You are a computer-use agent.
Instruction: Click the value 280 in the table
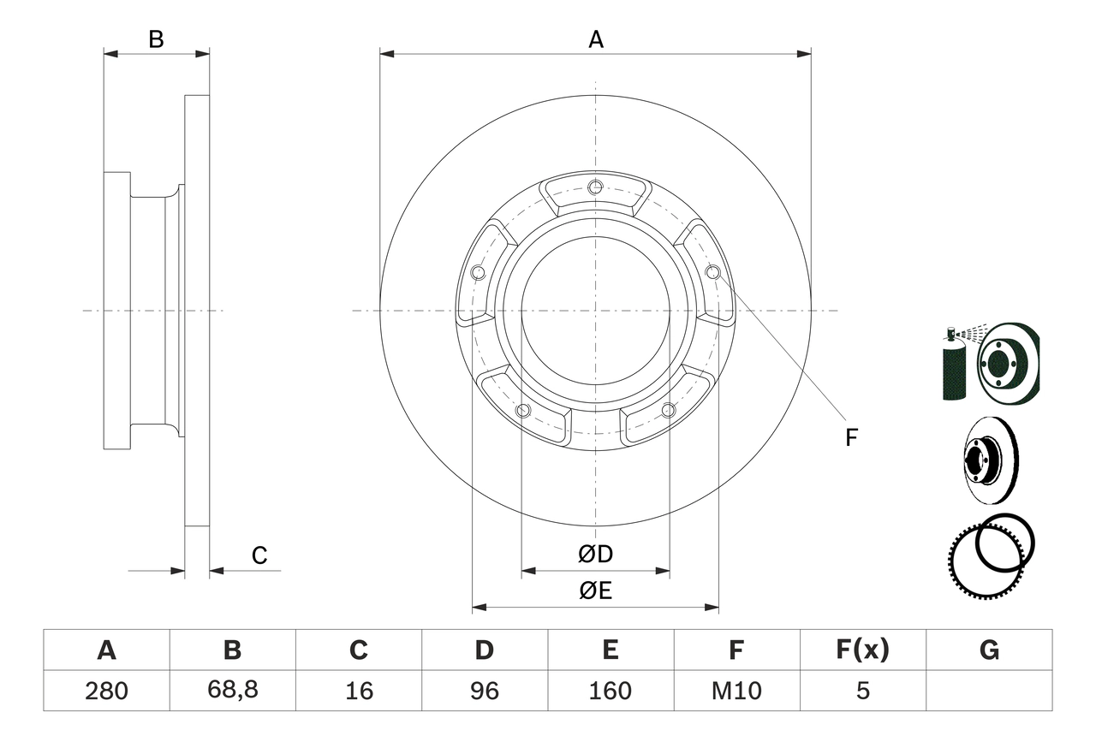tap(106, 691)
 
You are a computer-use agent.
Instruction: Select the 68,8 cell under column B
tap(232, 691)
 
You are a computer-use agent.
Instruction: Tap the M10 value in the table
tap(736, 691)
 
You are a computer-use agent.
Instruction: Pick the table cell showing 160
tap(611, 691)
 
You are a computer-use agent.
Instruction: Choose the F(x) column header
tap(862, 650)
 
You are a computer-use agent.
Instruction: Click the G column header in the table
tap(989, 650)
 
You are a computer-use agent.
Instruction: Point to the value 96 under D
tap(485, 691)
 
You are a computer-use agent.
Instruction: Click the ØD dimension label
tap(595, 555)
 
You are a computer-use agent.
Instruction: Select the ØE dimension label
tap(595, 591)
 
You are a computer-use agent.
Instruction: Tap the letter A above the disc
tap(595, 39)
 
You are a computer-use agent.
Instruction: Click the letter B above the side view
tap(156, 39)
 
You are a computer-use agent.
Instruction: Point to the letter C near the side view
tap(259, 556)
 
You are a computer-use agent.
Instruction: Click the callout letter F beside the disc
tap(850, 438)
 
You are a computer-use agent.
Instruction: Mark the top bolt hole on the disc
tap(595, 187)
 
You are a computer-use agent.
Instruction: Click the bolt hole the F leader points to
tap(712, 272)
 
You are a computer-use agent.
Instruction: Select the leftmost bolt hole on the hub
tap(478, 273)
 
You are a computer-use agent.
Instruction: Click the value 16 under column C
tap(359, 691)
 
